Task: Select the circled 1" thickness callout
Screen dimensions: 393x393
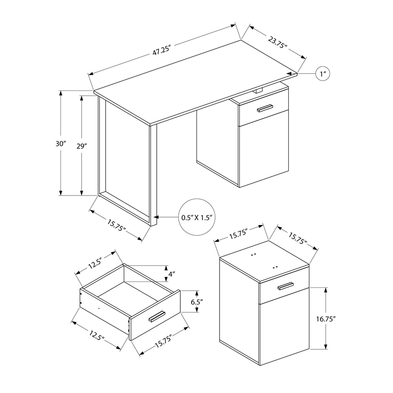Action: (x=323, y=74)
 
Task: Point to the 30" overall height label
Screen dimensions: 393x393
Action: (x=60, y=144)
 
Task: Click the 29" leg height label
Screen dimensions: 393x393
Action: (x=82, y=146)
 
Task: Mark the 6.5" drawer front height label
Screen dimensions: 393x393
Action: (x=197, y=303)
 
